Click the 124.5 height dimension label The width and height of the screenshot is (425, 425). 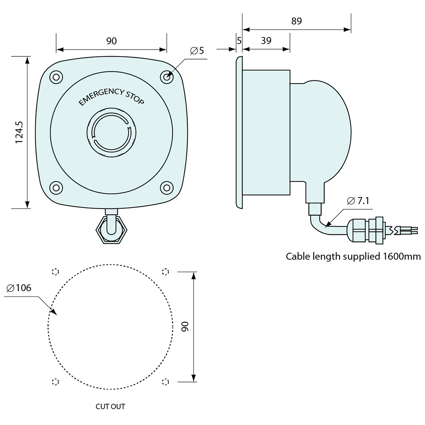pos(19,133)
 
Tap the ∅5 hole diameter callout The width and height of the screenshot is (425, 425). pos(197,51)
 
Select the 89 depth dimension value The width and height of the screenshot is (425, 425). pos(296,21)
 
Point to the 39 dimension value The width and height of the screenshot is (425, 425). pos(266,41)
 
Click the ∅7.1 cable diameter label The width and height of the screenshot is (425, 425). pos(359,201)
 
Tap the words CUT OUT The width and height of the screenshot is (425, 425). pos(110,406)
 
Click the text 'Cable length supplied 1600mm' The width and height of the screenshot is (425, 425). pos(353,256)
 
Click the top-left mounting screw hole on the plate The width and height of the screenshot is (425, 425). pos(56,76)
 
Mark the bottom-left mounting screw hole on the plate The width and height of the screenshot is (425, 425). pos(56,188)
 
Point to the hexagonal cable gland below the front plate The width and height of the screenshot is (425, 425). pos(111,229)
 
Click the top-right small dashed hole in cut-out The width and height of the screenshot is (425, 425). pos(165,272)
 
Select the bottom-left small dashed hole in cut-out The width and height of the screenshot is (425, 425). pos(55,382)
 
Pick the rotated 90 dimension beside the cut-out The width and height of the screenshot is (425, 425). pos(185,326)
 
